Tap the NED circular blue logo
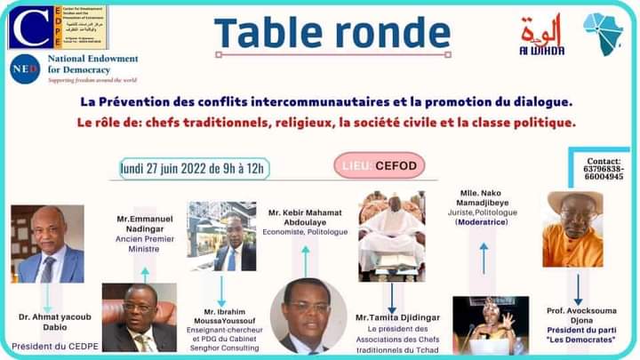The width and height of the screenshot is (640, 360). coord(25,68)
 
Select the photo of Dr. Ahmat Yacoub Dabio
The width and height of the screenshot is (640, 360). coord(47,244)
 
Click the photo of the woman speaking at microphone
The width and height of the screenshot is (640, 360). coord(490,325)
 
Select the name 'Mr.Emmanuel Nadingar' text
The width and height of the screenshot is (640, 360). coord(145,222)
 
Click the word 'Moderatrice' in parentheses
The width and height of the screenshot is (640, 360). coord(484,221)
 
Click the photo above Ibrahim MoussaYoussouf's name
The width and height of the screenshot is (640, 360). coord(221,236)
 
